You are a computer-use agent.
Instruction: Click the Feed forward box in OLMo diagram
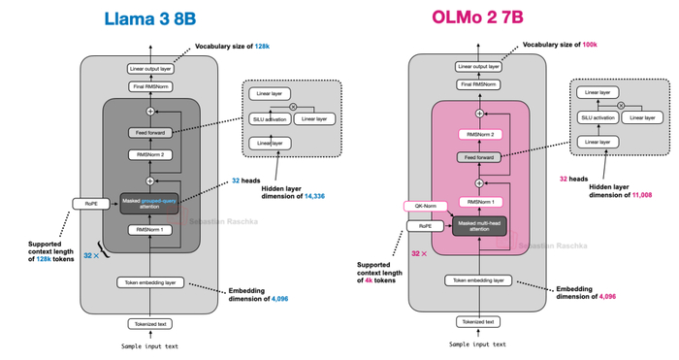click(x=478, y=157)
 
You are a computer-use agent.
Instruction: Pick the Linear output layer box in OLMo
click(x=478, y=68)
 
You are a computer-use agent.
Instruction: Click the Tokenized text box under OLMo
click(x=478, y=321)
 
